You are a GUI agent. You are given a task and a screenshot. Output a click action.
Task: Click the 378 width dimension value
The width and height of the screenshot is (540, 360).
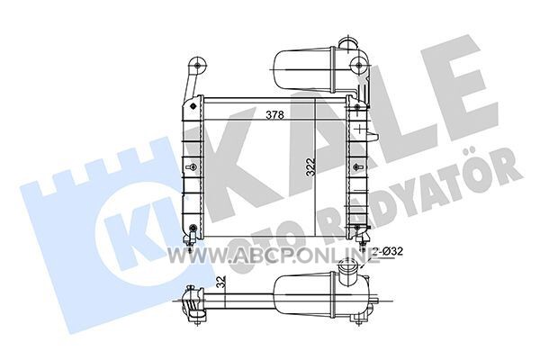pyautogui.click(x=274, y=115)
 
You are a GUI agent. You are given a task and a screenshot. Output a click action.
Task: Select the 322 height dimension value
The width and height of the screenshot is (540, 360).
pyautogui.click(x=310, y=167)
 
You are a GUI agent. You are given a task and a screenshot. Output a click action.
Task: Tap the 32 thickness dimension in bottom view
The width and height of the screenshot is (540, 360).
pyautogui.click(x=221, y=283)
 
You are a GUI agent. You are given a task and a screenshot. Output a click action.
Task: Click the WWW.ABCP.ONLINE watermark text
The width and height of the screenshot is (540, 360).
pyautogui.click(x=274, y=256)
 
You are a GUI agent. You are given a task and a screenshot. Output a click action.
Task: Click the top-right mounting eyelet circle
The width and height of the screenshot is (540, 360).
pyautogui.click(x=359, y=65)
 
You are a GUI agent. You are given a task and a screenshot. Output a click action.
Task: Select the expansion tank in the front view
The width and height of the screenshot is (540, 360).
pyautogui.click(x=305, y=71)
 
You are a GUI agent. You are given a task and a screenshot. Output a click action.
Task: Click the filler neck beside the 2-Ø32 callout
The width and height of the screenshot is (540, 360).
pyautogui.click(x=347, y=267)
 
